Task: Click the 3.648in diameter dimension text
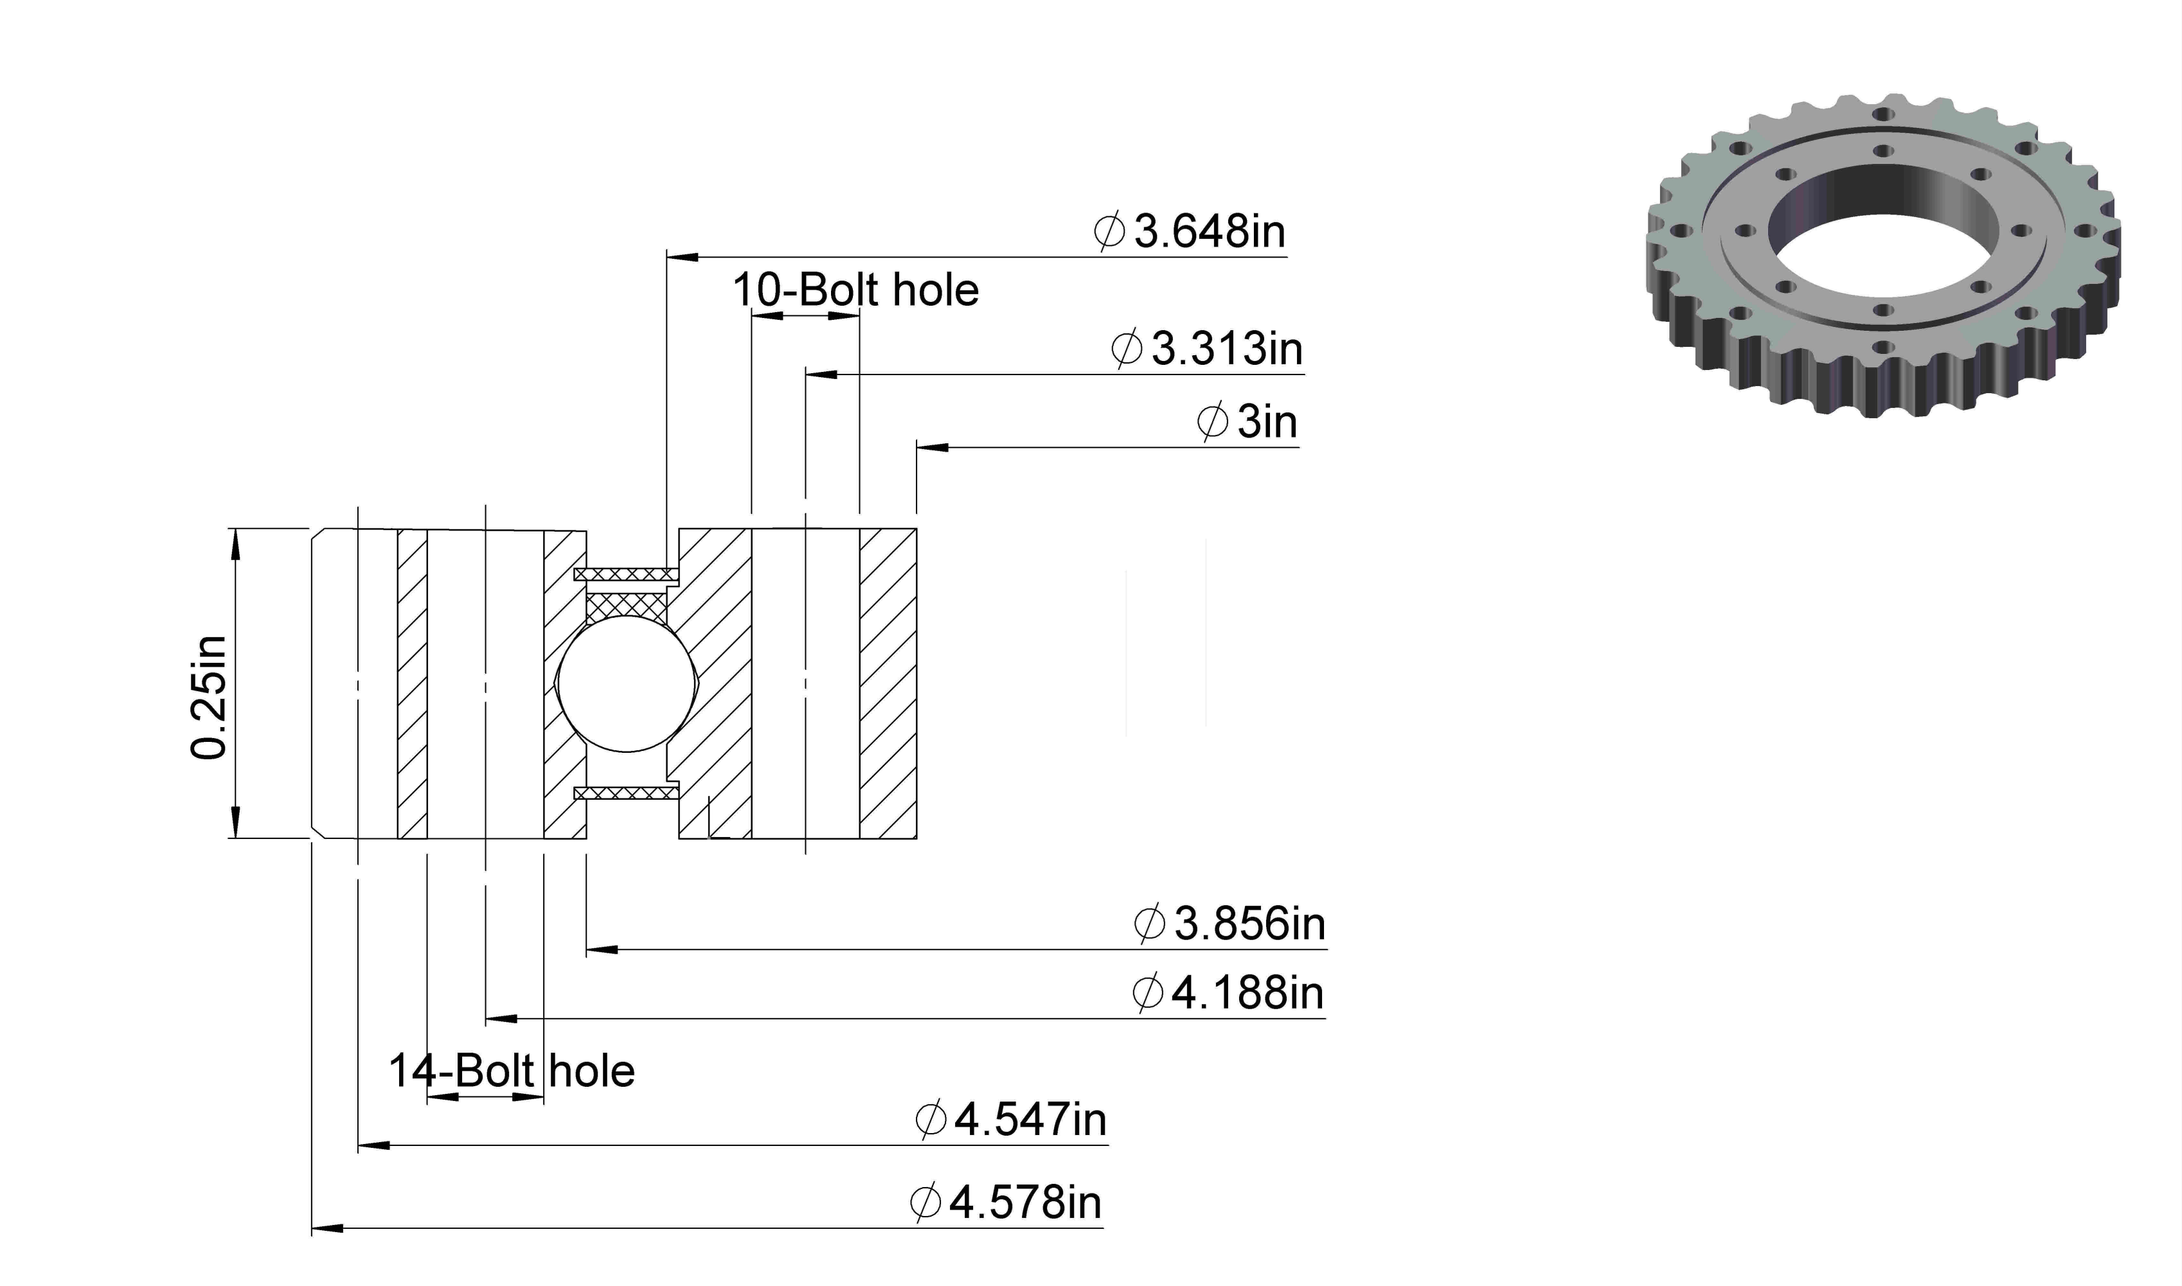coord(1190,231)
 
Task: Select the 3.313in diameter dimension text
coord(1207,348)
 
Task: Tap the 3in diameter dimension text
coord(1247,422)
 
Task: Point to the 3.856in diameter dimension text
coord(1230,924)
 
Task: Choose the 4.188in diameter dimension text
coord(1228,992)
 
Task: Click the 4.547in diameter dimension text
coord(1011,1120)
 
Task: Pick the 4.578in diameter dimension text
coord(1006,1202)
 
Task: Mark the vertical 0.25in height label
coord(209,698)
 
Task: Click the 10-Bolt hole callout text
coord(855,290)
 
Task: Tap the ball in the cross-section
coord(627,683)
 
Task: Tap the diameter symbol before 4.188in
coord(1148,993)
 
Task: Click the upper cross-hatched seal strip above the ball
coord(626,574)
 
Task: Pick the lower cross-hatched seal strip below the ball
coord(626,792)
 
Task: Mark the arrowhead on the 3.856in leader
coord(602,950)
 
